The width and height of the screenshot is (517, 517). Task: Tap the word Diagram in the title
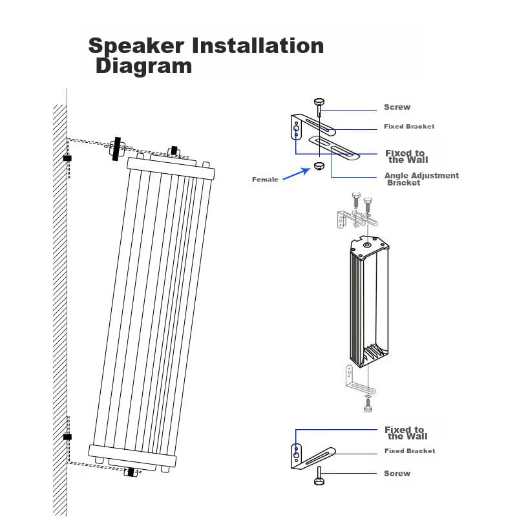(143, 66)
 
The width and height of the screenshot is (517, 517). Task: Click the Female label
(265, 180)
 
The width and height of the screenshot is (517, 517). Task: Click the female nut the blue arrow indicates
(319, 167)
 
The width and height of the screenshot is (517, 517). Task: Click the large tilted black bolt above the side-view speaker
(116, 149)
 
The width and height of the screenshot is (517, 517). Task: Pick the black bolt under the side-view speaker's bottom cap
(131, 472)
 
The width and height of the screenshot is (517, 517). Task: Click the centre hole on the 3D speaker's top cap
(367, 245)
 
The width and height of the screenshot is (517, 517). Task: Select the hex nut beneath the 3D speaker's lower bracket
(368, 408)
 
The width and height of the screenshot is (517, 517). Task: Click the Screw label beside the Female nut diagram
(397, 107)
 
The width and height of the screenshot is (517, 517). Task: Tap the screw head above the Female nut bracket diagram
(319, 101)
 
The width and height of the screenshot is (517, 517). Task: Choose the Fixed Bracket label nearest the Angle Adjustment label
(409, 127)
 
